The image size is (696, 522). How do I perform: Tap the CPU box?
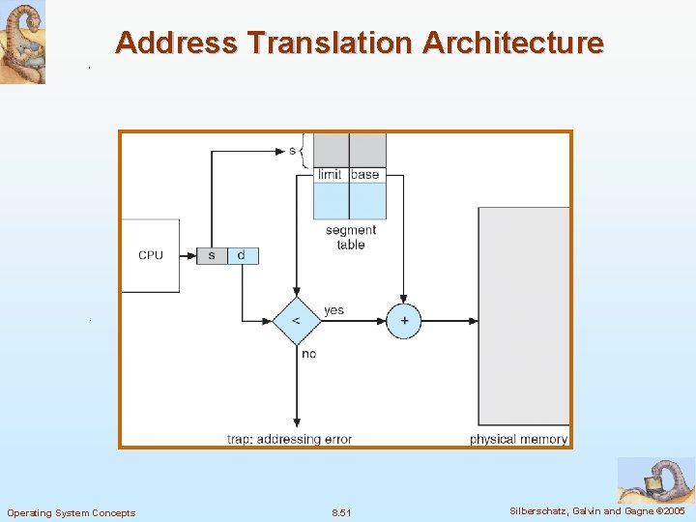click(150, 255)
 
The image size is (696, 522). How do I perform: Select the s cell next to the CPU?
click(212, 255)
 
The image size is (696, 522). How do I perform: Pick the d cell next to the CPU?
click(242, 255)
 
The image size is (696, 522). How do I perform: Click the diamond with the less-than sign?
click(296, 321)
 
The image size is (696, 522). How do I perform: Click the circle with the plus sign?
click(404, 321)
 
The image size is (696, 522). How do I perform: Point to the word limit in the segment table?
click(330, 174)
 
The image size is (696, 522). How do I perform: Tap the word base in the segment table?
click(365, 174)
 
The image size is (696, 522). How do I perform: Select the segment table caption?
click(350, 238)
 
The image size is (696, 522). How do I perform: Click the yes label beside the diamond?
click(333, 310)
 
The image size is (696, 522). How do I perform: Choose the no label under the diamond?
click(308, 354)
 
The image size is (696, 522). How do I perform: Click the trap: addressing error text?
click(289, 439)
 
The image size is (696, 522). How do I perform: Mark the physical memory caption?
click(518, 439)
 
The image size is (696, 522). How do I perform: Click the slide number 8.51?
click(341, 512)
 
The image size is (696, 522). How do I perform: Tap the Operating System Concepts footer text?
click(72, 512)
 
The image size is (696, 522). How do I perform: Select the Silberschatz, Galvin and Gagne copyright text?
click(596, 510)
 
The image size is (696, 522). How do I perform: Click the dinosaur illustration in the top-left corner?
click(22, 43)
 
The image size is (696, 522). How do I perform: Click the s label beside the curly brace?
click(292, 151)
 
